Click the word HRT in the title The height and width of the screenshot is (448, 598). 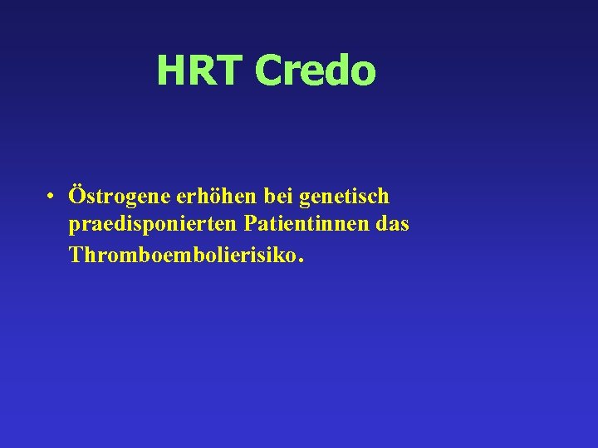201,71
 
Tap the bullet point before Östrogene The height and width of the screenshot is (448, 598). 51,197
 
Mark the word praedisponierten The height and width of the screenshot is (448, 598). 153,226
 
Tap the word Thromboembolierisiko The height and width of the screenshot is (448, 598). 182,254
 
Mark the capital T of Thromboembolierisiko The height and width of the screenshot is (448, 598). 77,254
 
